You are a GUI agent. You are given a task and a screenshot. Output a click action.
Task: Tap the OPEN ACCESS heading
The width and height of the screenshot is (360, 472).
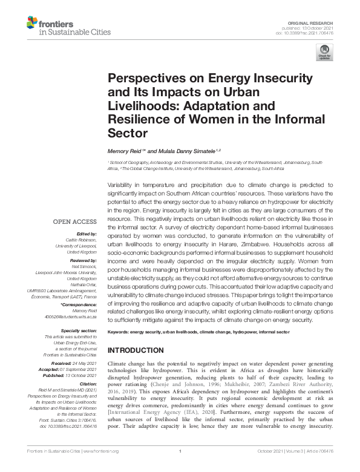[77, 222]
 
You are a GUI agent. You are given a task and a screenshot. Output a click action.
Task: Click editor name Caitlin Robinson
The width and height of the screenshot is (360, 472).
[83, 240]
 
